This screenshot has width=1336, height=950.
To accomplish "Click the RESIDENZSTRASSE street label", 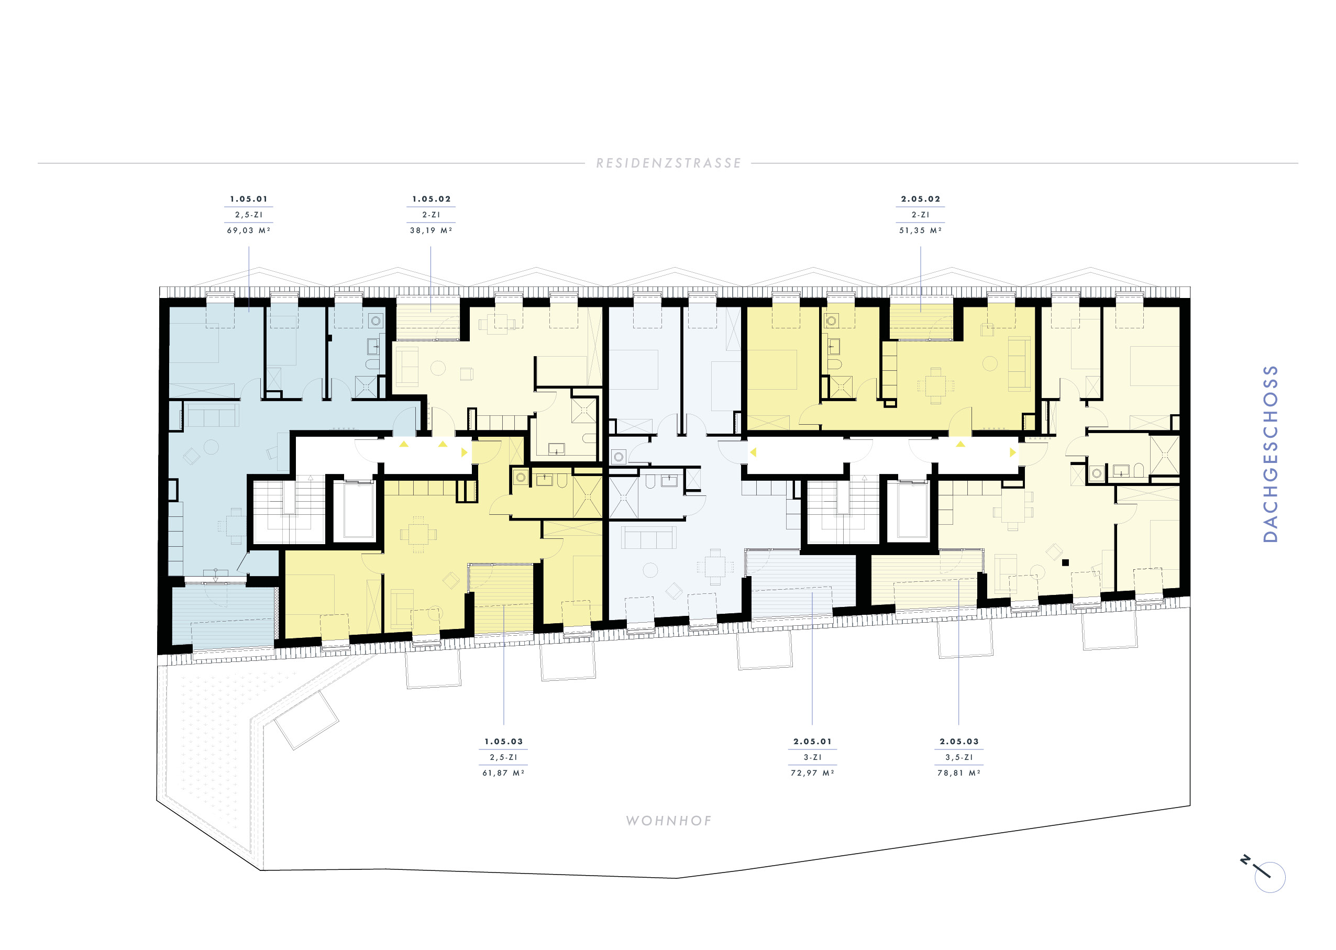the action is tap(669, 163).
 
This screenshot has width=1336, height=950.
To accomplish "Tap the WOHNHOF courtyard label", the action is tap(669, 821).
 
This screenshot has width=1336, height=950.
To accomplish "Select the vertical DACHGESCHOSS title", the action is tap(1270, 454).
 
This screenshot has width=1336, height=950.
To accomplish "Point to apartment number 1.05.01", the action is tap(249, 199).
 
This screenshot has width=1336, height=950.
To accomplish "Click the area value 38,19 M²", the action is tap(431, 230).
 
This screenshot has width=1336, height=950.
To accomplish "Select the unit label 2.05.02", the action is tap(921, 199).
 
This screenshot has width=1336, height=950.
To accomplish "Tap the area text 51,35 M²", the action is tap(921, 230).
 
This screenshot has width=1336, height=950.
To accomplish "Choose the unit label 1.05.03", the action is tap(504, 742).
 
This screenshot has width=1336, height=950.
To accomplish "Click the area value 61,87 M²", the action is tap(504, 774).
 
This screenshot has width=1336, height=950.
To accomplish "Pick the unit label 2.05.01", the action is tap(812, 742).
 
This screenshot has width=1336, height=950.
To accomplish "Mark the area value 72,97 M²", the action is tap(812, 774).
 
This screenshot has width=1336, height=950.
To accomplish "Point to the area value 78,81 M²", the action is tap(959, 774).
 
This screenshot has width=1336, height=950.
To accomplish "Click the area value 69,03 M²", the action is tap(249, 230).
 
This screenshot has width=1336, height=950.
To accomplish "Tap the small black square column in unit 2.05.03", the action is tap(1065, 563).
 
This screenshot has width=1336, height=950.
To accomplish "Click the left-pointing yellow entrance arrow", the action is tap(753, 452).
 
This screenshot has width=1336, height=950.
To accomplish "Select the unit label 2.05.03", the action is tap(959, 742).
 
